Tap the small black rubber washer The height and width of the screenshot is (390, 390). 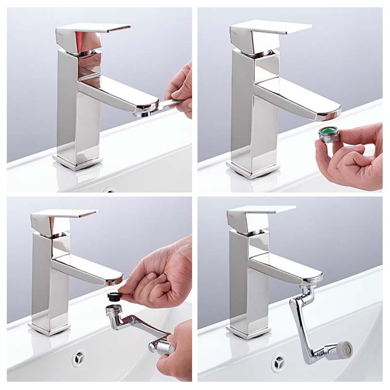[114, 295]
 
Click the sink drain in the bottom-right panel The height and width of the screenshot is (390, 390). [278, 363]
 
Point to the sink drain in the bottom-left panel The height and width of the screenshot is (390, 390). [79, 358]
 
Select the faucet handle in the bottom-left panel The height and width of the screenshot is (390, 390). [63, 216]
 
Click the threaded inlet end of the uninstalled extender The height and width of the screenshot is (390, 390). [114, 310]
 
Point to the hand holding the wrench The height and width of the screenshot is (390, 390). [180, 88]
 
